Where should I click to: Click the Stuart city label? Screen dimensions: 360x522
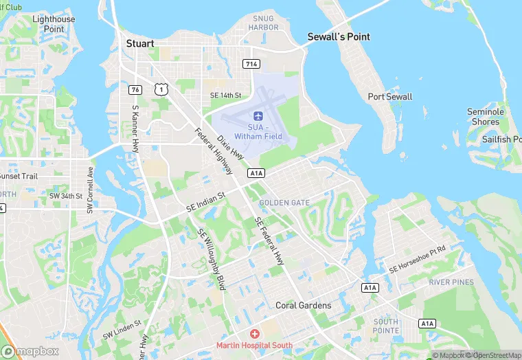[140, 43]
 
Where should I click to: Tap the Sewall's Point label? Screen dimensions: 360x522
[339, 36]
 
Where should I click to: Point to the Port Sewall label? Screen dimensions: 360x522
[390, 97]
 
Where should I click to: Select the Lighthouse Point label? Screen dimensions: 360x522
[54, 24]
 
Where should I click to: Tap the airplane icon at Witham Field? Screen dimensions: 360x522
[258, 115]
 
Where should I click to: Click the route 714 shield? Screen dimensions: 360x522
[251, 63]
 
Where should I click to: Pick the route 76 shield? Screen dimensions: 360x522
[135, 89]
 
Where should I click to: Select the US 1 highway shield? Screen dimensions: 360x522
[160, 89]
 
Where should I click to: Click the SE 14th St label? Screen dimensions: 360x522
[226, 95]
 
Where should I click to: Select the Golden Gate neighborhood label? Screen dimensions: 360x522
[284, 203]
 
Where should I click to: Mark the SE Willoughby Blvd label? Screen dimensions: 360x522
[212, 259]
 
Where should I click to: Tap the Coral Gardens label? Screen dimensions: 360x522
[303, 305]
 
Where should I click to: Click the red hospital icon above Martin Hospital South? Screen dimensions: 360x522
[255, 333]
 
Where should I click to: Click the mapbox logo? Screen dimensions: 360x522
[30, 351]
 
